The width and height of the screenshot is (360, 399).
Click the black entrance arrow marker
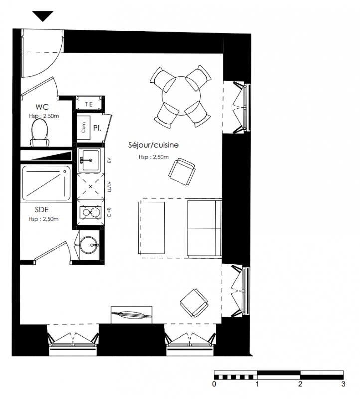point(43,16)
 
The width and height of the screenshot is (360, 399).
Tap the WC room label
point(42,107)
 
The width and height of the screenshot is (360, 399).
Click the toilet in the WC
point(40,133)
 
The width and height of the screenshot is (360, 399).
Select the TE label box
point(89,104)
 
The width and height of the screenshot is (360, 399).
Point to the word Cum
point(83,127)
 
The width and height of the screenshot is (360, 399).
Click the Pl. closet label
point(97,128)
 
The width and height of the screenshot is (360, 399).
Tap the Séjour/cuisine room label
point(153,145)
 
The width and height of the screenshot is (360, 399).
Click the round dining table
point(181,96)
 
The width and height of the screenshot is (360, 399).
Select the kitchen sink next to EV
point(90,160)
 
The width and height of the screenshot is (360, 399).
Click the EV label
point(109,160)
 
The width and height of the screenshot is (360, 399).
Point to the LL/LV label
point(109,187)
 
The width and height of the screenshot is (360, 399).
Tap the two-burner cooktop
point(90,213)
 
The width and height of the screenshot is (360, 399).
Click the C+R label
point(109,212)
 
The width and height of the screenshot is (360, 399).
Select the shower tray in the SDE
point(46,183)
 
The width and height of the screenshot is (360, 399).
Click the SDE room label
point(42,210)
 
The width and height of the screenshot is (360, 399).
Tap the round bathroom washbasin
point(88,245)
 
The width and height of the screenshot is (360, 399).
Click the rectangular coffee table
point(152,228)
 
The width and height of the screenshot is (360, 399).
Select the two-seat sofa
point(204,228)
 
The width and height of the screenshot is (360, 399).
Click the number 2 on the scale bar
point(300,384)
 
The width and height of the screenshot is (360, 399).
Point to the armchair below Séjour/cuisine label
point(182,172)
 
